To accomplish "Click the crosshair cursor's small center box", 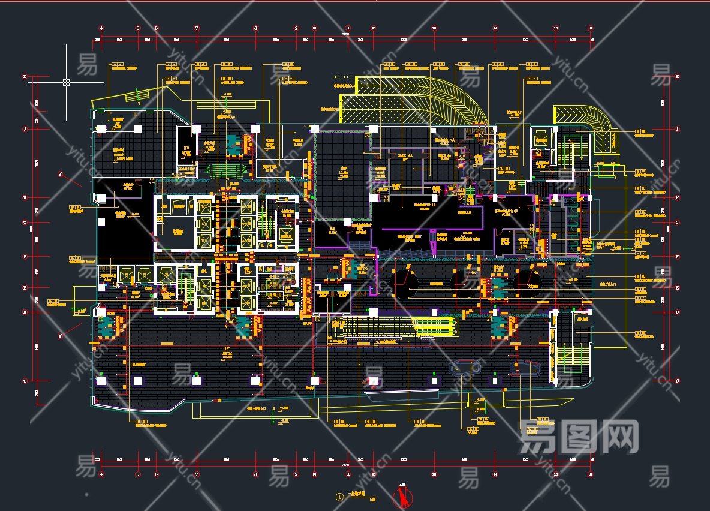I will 66,82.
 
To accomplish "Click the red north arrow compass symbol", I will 402,497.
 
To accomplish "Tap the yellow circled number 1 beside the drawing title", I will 340,497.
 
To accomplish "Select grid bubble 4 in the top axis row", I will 101,28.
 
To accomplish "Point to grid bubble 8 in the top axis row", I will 255,28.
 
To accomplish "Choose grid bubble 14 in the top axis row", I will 495,28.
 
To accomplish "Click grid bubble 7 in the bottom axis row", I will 196,474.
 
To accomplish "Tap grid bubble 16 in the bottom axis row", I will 590,474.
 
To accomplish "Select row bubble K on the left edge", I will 25,77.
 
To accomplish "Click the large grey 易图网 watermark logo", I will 578,437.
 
